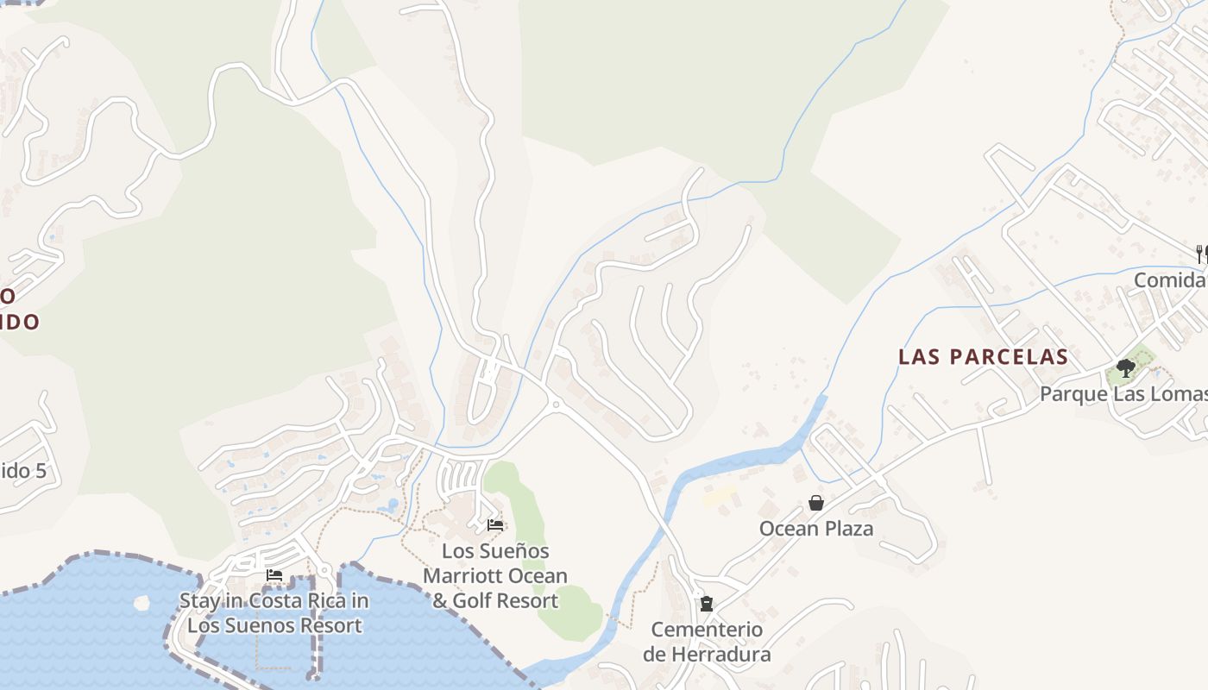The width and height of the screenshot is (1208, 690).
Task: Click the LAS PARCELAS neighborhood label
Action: pyautogui.click(x=983, y=357)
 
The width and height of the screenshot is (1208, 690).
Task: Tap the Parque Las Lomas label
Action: pyautogui.click(x=1123, y=394)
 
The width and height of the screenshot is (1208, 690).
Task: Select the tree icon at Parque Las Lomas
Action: pyautogui.click(x=1125, y=368)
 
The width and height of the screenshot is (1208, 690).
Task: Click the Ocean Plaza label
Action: pyautogui.click(x=815, y=528)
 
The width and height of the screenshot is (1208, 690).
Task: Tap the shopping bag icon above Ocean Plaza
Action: pyautogui.click(x=815, y=502)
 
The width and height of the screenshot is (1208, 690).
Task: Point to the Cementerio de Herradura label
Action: pyautogui.click(x=707, y=642)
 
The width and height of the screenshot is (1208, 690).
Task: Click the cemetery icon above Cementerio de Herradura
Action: pyautogui.click(x=707, y=603)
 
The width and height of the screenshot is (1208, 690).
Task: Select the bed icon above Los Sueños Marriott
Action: pyautogui.click(x=495, y=524)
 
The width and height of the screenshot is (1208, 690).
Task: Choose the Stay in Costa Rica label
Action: pyautogui.click(x=274, y=613)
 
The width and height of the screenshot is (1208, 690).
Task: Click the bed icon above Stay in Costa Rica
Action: pyautogui.click(x=274, y=574)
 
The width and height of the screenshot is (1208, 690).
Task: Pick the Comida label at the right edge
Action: pyautogui.click(x=1170, y=280)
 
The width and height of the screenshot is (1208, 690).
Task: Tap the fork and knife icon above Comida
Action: pyautogui.click(x=1201, y=254)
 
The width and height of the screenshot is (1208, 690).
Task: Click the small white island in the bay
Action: pyautogui.click(x=142, y=601)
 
